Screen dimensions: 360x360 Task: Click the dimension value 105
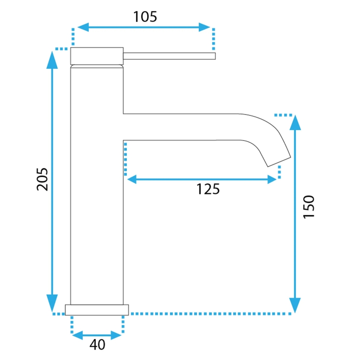pyautogui.click(x=145, y=17)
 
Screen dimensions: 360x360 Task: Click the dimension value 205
pyautogui.click(x=42, y=179)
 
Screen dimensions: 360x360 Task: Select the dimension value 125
pyautogui.click(x=207, y=189)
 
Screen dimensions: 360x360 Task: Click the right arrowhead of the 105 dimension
pyautogui.click(x=205, y=27)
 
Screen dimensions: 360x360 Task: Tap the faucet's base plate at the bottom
pyautogui.click(x=97, y=309)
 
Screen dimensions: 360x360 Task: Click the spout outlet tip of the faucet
pyautogui.click(x=278, y=161)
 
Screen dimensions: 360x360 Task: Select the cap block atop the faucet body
pyautogui.click(x=97, y=56)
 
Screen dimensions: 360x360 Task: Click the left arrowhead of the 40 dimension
pyautogui.click(x=77, y=334)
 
